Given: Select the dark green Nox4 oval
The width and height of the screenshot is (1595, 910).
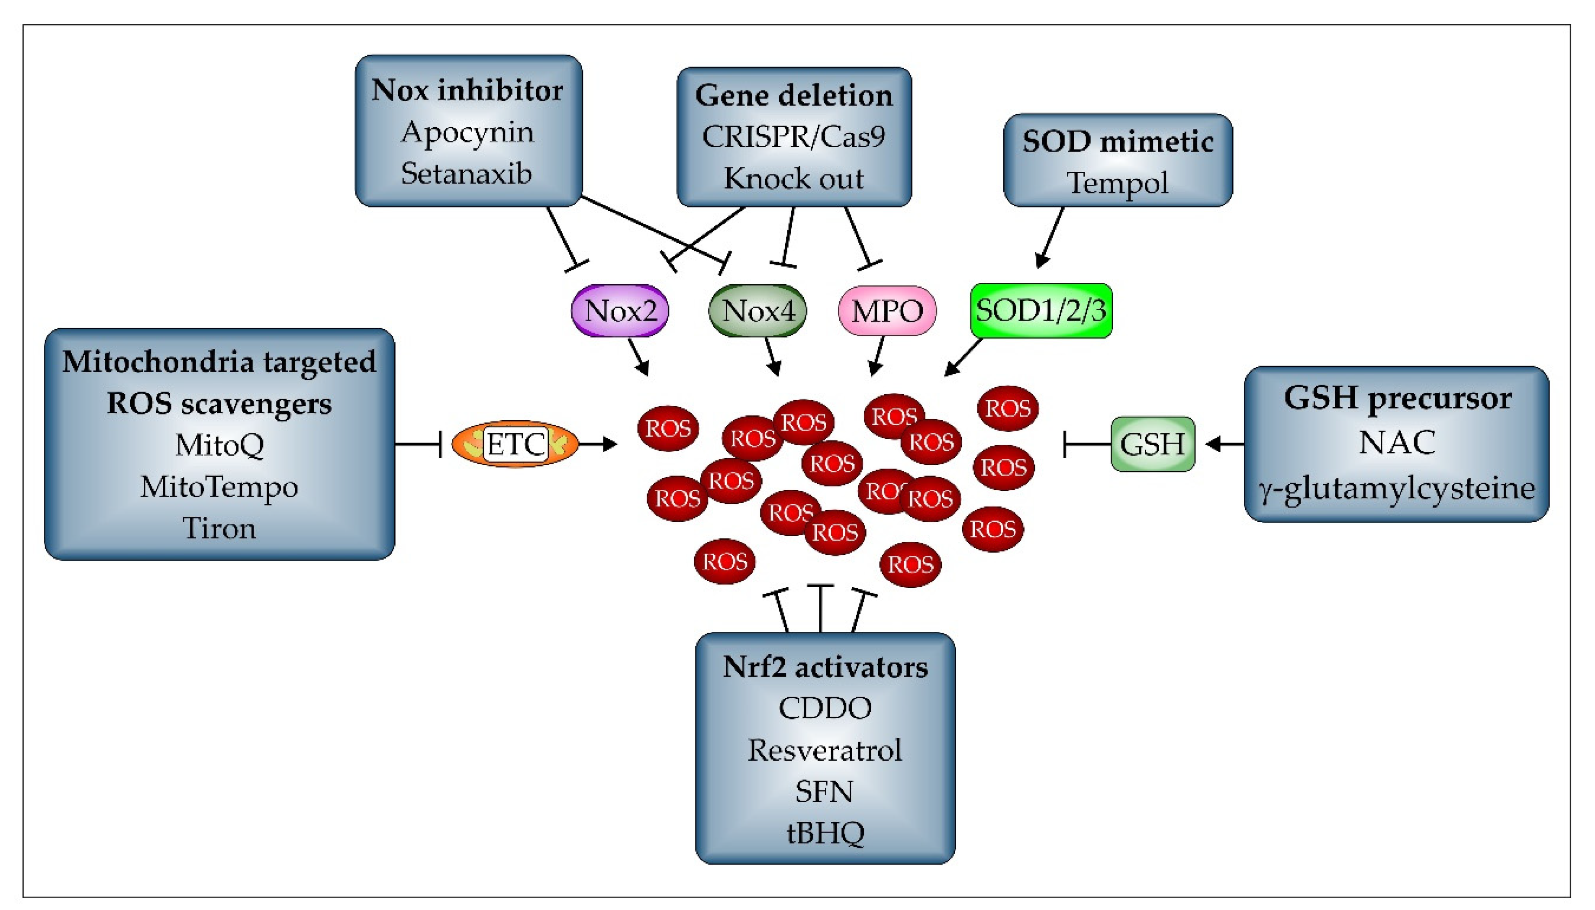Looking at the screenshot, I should coord(757,311).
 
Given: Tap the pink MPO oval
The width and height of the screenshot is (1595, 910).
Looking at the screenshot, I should coord(887,311).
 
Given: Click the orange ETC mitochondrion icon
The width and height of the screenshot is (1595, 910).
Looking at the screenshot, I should coord(515,444).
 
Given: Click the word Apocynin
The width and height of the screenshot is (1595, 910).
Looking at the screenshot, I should coord(467,132).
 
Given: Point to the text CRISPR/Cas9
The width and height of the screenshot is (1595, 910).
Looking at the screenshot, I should coord(794,137).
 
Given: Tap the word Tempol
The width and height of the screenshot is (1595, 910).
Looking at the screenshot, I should coord(1118,183).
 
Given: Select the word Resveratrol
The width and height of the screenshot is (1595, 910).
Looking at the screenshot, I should coord(825,750).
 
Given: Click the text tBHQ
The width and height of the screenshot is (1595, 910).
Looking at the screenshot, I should coord(825,833).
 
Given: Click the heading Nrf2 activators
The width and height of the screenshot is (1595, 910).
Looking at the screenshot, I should coord(825,667).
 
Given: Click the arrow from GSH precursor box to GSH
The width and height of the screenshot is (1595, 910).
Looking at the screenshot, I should coord(1225,444).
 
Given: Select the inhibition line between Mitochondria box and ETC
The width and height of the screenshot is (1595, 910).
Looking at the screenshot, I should coord(418,444).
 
